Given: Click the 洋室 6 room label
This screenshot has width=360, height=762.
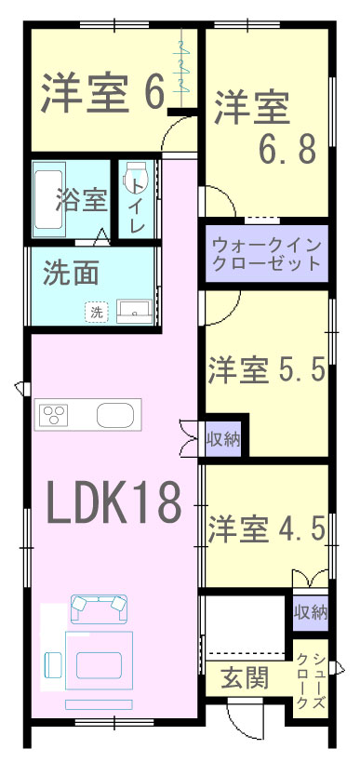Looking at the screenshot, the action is pos(102,93).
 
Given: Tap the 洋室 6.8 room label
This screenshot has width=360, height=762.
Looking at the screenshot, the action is pos(265,127).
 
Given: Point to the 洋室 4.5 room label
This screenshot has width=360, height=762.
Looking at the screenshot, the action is pos(266,528).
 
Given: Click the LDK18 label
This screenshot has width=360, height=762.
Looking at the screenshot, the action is pos(114,503).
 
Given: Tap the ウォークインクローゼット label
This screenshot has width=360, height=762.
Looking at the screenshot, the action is pos(267,254).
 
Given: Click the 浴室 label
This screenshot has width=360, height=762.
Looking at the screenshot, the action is pos(81,199).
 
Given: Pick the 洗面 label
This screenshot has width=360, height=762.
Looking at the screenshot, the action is pos(71,274).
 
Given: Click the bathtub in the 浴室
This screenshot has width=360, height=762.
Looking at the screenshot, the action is pos(48,200).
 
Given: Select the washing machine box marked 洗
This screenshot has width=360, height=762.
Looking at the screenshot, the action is pos(97,312).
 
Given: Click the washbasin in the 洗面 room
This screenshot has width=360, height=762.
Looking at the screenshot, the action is pos(135,311).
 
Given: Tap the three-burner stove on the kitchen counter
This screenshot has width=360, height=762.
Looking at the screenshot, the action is pos(53,415).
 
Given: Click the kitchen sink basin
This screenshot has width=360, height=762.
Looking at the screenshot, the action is pos(115,415).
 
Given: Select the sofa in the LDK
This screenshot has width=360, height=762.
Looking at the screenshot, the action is pos(100,608).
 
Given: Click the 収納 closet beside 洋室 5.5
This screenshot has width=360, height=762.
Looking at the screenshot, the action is pos(223,439).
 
